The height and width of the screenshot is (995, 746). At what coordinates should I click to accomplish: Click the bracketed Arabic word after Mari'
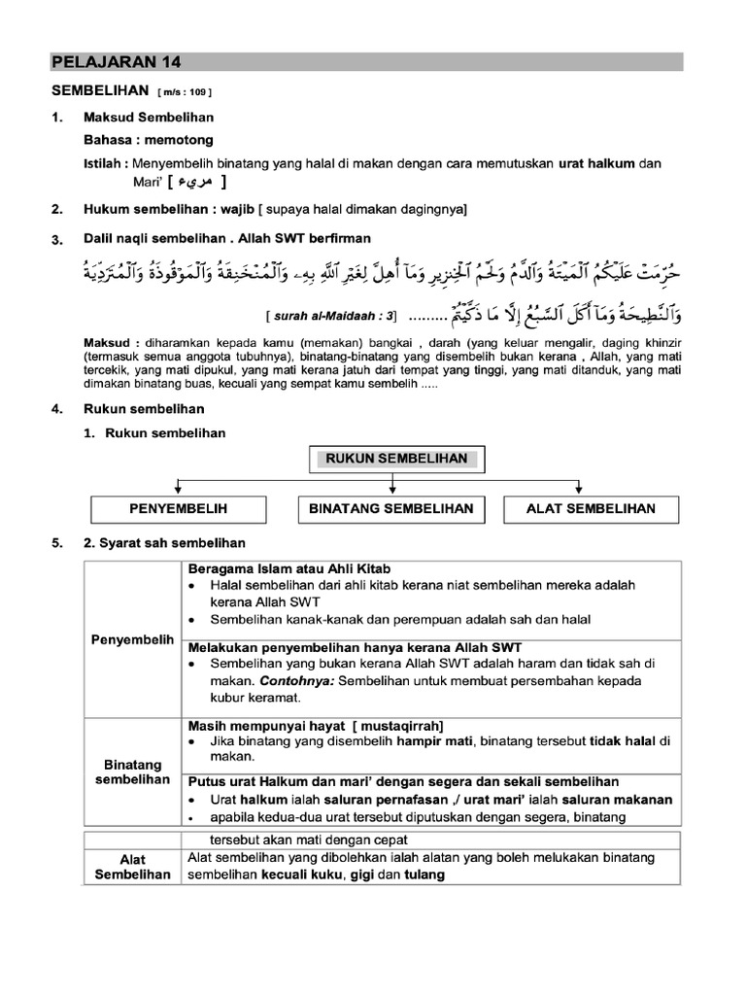pos(198,182)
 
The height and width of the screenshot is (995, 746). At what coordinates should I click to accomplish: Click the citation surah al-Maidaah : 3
pos(331,317)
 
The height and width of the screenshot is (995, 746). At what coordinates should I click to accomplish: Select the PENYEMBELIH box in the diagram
pos(178,508)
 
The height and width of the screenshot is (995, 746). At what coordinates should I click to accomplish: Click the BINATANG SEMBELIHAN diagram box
pos(390,508)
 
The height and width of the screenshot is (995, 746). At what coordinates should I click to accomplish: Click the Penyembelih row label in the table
pos(132,640)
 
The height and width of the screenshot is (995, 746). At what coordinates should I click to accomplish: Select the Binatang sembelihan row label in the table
pos(132,772)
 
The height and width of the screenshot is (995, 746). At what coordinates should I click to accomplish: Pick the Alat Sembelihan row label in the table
pos(132,867)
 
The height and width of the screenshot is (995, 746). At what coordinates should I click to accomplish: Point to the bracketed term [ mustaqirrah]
pos(399,726)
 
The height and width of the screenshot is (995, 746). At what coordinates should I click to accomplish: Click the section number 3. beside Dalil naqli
pos(57,239)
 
